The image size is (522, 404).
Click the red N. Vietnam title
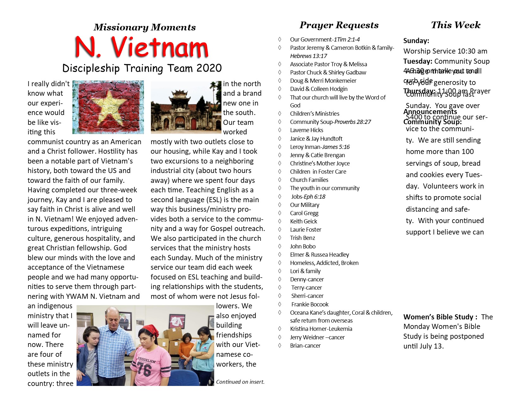pyautogui.click(x=142, y=48)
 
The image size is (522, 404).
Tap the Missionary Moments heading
pyautogui.click(x=145, y=27)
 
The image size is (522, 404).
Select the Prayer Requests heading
pyautogui.click(x=339, y=25)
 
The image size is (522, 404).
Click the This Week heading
pyautogui.click(x=456, y=25)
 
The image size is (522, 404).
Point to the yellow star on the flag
pyautogui.click(x=109, y=106)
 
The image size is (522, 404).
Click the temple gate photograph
pyautogui.click(x=186, y=107)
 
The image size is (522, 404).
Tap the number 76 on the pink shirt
pyautogui.click(x=144, y=369)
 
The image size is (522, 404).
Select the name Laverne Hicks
pyautogui.click(x=307, y=130)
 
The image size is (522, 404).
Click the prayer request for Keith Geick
pyautogui.click(x=303, y=221)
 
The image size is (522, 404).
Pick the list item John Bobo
pyautogui.click(x=303, y=247)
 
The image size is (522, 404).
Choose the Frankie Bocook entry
pyautogui.click(x=310, y=305)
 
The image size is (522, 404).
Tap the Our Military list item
pyautogui.click(x=305, y=205)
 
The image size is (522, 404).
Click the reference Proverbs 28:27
pyautogui.click(x=353, y=122)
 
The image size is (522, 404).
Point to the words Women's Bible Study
pyautogui.click(x=438, y=317)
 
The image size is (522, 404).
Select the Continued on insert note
pyautogui.click(x=240, y=382)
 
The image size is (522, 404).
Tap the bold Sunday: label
pyautogui.click(x=416, y=41)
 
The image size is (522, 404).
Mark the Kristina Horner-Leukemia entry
pyautogui.click(x=321, y=329)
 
